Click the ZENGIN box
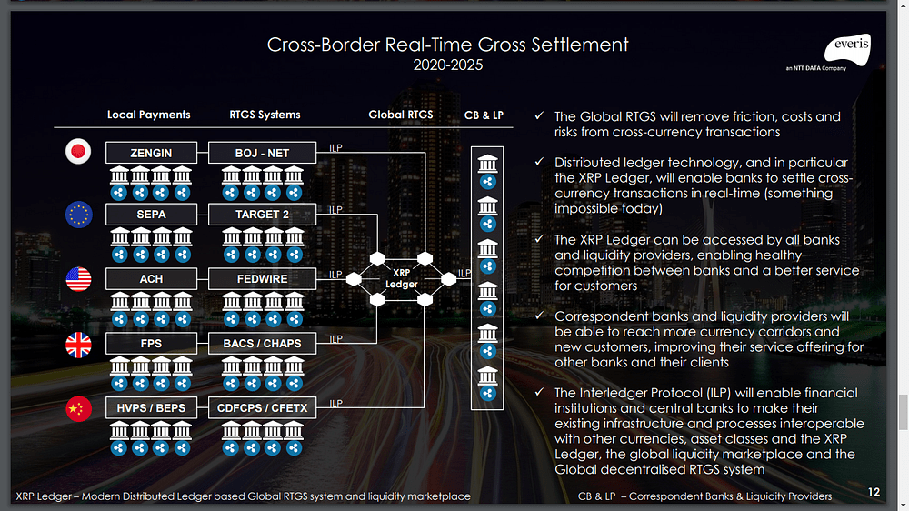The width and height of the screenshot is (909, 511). coord(151,152)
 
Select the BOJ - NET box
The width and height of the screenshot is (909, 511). coord(262,152)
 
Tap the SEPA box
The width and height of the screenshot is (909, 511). coord(151,215)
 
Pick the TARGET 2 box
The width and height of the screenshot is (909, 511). coord(262,215)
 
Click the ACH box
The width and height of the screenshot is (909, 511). coord(151,278)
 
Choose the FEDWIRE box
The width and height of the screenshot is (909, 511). coord(262,278)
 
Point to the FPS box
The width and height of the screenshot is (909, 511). coord(151,343)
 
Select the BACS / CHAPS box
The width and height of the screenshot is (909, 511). coord(262,343)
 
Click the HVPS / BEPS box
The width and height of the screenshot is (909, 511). coord(151,407)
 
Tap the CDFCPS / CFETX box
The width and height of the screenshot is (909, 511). coord(262,407)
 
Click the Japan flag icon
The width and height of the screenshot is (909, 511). coord(78,152)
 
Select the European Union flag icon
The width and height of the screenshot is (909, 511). coord(78,215)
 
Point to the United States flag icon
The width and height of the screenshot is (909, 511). coord(78,279)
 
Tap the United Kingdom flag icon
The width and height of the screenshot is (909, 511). coord(78,345)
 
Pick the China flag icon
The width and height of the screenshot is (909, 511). coord(78,409)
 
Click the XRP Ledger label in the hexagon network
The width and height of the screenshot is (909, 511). coord(401,278)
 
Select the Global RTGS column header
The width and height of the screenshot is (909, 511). coord(400,115)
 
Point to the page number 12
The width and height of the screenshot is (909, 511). coord(874,492)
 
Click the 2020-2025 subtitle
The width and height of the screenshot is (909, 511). coord(447,65)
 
